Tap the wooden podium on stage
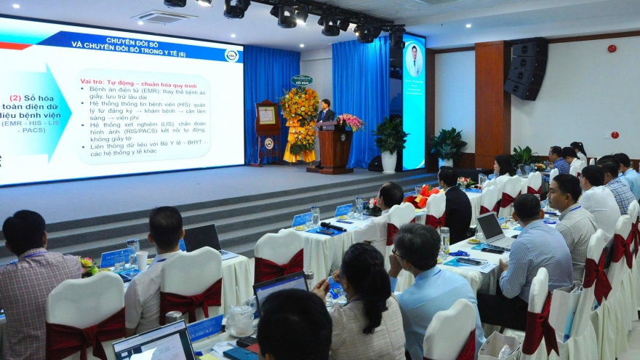pos(335,148)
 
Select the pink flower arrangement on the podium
pos(349,121)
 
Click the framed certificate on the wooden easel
pos(268,115)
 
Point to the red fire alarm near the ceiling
pos(612,49)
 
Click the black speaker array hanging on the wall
pos(527,68)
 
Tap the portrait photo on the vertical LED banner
pos(414,61)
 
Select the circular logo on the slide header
pos(231,55)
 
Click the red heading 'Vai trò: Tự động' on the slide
pos(111,81)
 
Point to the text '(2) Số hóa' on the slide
pos(25,97)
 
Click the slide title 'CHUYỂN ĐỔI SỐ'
pos(135,41)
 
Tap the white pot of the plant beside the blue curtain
pos(389,161)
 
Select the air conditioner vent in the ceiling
pos(164,16)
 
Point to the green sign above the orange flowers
pos(302,80)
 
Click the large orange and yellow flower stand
pos(299,124)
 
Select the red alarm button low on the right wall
pos(615,135)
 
